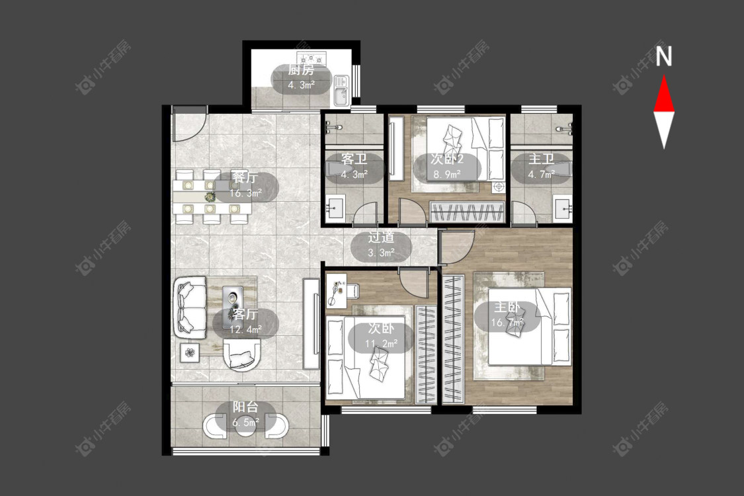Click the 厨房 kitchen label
301,70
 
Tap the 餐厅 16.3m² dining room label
245,185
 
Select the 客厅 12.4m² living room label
245,321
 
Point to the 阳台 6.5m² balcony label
245,414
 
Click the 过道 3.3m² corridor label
381,245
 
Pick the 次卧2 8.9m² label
446,166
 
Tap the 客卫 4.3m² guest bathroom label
354,166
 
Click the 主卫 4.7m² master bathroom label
542,166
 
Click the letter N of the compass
664,56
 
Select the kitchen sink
341,91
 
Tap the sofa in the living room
190,307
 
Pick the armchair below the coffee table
242,354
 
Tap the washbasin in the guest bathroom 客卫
336,209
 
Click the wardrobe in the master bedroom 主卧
453,339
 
